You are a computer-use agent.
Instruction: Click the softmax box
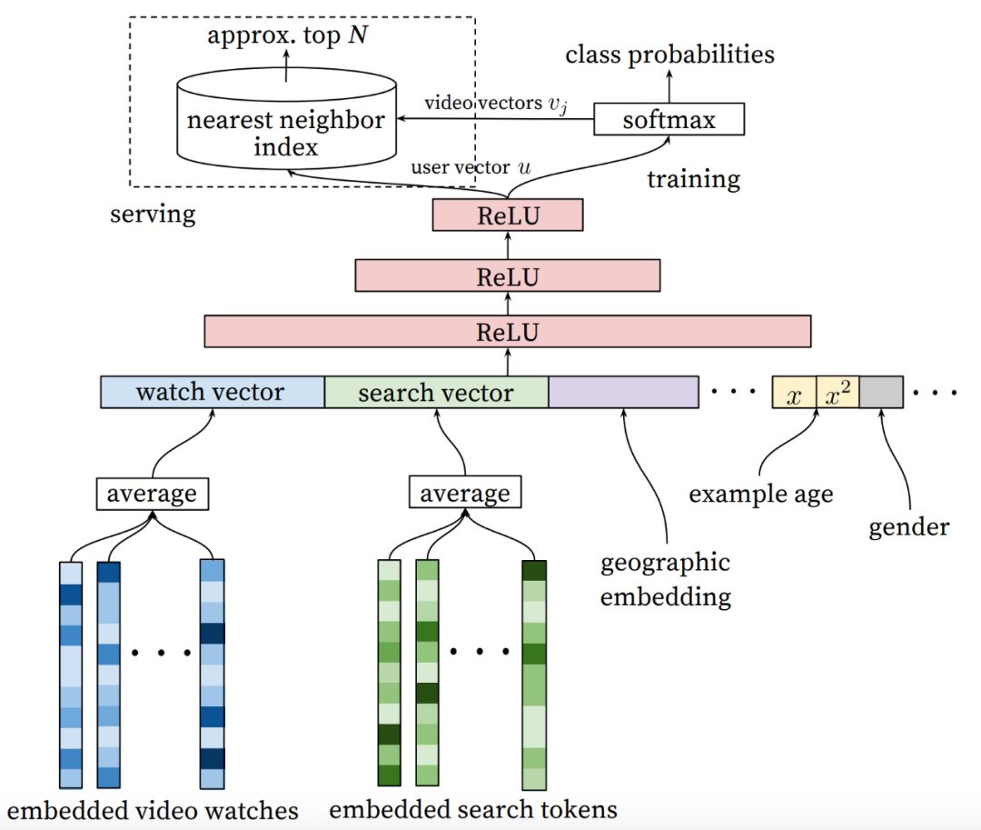pyautogui.click(x=669, y=119)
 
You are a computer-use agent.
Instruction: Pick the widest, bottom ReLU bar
pyautogui.click(x=507, y=332)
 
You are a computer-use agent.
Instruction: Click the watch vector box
pyautogui.click(x=211, y=392)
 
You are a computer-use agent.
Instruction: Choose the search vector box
pyautogui.click(x=436, y=393)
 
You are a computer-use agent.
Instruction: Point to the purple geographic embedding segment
pyautogui.click(x=623, y=392)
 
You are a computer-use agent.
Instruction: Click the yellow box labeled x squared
pyautogui.click(x=837, y=393)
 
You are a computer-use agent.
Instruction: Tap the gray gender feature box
pyautogui.click(x=881, y=393)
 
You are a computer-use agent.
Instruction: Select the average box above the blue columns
pyautogui.click(x=152, y=495)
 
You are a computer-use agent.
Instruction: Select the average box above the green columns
pyautogui.click(x=465, y=495)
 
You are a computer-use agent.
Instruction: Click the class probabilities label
pyautogui.click(x=669, y=55)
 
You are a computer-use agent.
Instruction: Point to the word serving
pyautogui.click(x=153, y=215)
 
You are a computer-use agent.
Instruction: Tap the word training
pyautogui.click(x=693, y=179)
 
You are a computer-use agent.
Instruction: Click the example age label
pyautogui.click(x=761, y=495)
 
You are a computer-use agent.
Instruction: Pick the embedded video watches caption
pyautogui.click(x=153, y=809)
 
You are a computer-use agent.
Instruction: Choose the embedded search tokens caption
pyautogui.click(x=472, y=809)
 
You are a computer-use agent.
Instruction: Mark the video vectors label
pyautogui.click(x=494, y=104)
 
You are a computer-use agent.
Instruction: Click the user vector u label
pyautogui.click(x=471, y=168)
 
